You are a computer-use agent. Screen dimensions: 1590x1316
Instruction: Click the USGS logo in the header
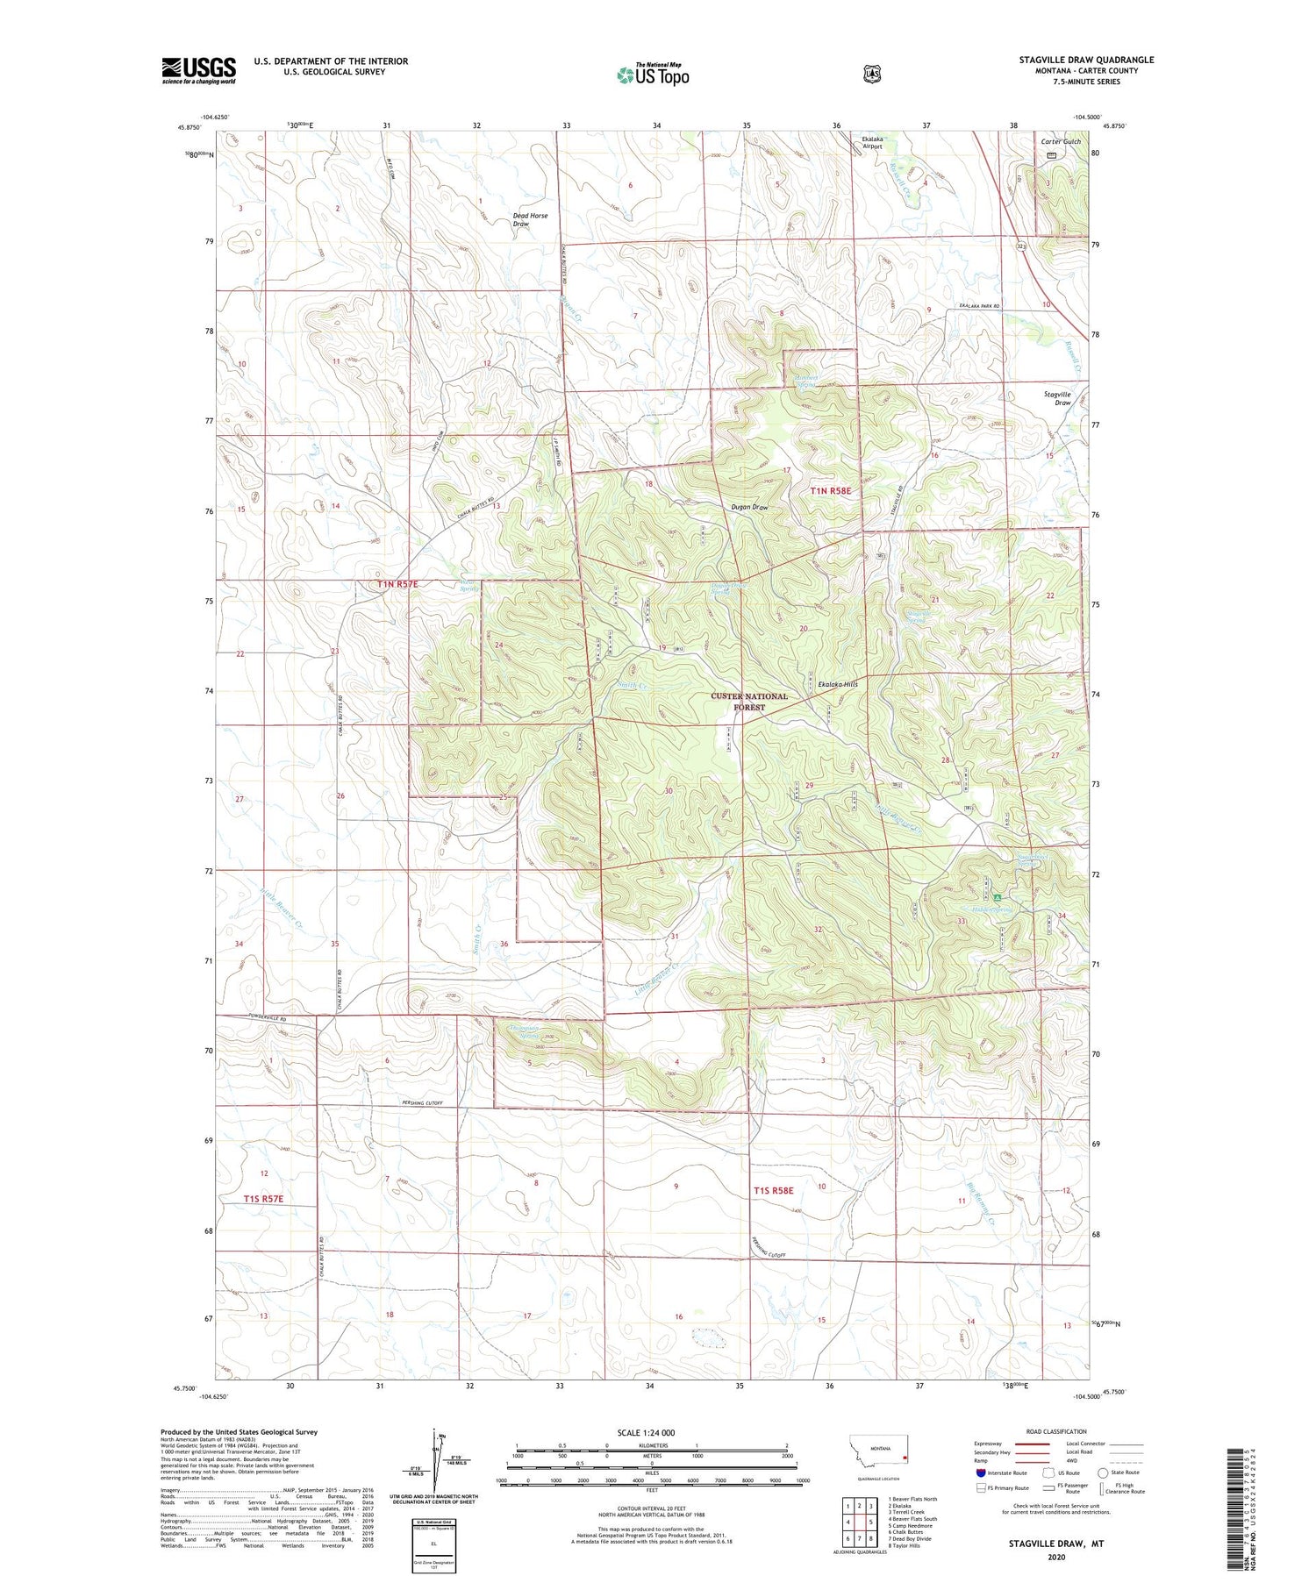(198, 70)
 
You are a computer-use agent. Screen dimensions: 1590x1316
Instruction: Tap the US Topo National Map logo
(654, 75)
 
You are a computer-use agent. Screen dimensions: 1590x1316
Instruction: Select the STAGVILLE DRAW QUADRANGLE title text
(1086, 60)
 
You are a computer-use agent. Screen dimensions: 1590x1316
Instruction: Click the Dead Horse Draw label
(530, 219)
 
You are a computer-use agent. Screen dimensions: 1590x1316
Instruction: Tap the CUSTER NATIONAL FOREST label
(749, 702)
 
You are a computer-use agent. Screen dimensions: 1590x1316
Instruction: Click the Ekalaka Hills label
(837, 684)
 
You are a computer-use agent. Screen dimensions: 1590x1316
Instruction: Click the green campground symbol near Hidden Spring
(998, 897)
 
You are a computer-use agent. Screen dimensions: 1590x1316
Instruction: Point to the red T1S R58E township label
(773, 1190)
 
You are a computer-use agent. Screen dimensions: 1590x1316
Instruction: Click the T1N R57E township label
(397, 584)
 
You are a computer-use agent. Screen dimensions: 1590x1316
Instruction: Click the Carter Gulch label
(1061, 141)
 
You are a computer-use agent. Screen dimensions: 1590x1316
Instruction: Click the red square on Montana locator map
(904, 1458)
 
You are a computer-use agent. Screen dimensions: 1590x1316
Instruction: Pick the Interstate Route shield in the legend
(980, 1472)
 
